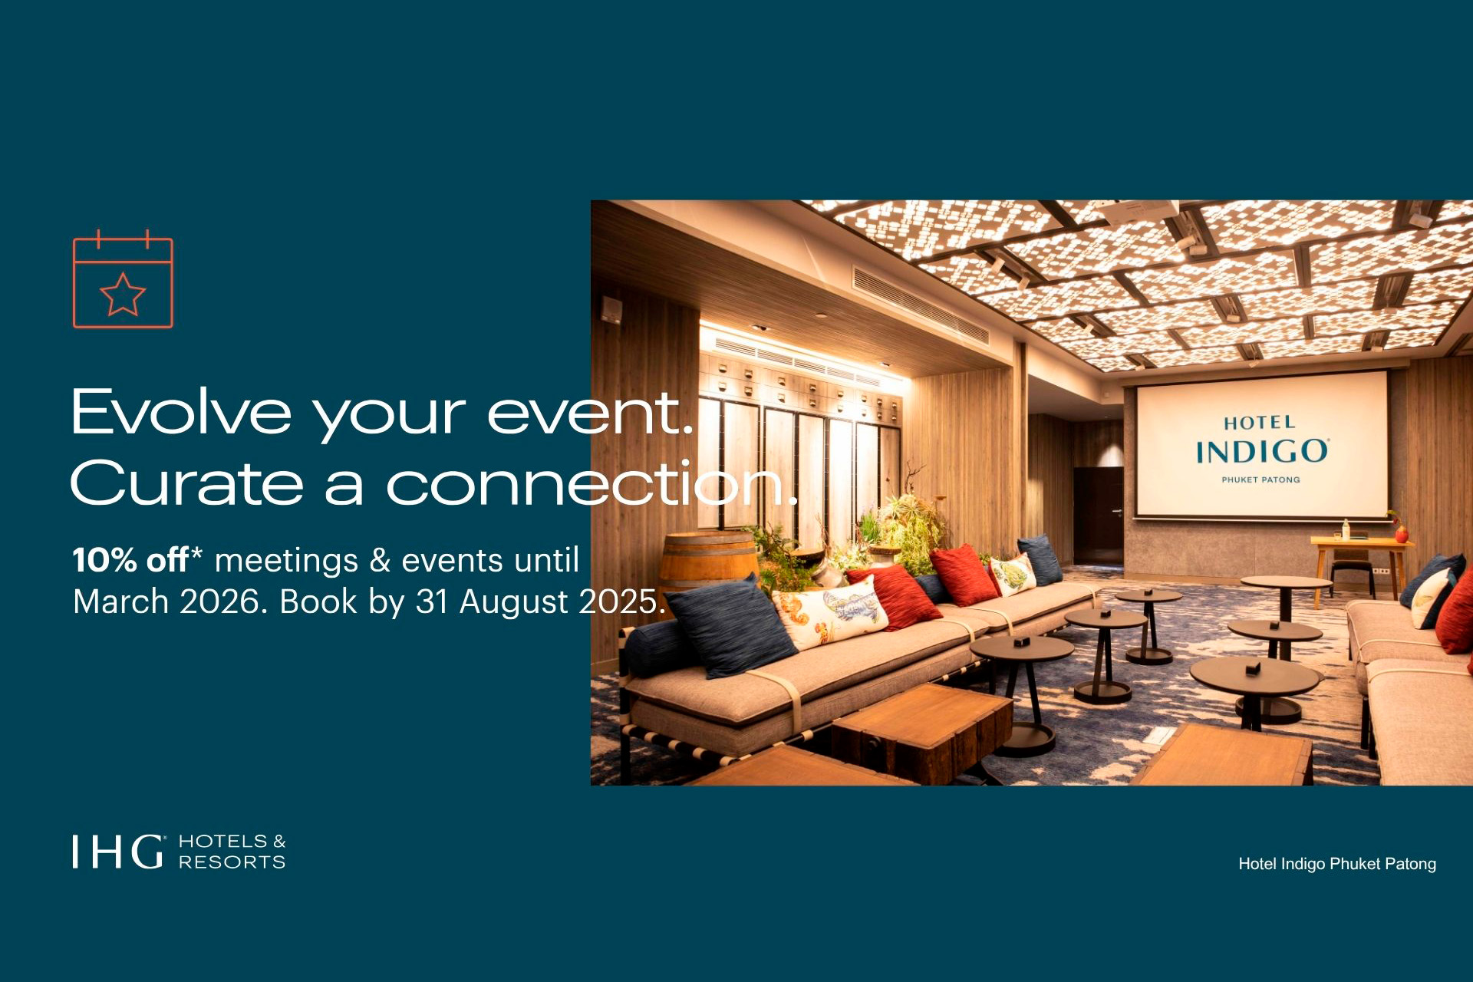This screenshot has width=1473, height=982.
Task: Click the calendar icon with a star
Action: pos(123,278)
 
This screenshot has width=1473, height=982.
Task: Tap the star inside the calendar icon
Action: pos(123,294)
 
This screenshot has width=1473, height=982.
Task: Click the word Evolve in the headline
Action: pos(181,412)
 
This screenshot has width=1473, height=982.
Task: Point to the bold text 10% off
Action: pos(130,560)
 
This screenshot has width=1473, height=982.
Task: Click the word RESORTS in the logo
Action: pos(232,862)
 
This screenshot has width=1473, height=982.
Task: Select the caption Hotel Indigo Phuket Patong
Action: pos(1337,864)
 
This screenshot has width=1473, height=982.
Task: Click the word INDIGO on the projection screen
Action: pos(1262,451)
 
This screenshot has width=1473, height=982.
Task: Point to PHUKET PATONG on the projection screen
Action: pos(1260,479)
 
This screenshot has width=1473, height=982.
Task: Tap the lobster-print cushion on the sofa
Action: pos(831,610)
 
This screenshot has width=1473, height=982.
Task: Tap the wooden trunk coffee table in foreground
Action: pos(921,733)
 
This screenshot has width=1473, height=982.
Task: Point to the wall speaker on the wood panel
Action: pos(611,310)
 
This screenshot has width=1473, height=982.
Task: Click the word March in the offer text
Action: pos(121,602)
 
